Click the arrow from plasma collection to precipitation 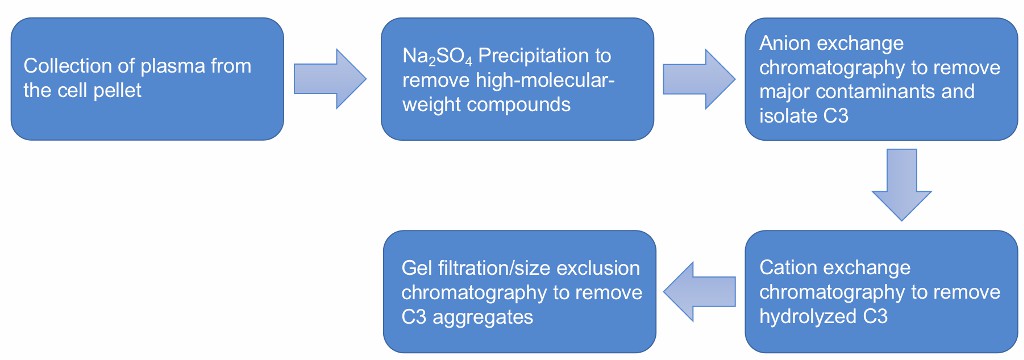point(330,78)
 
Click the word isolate point(788,111)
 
